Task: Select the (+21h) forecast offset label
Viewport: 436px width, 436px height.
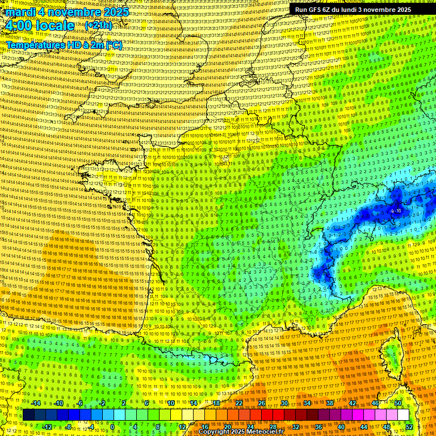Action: point(98,26)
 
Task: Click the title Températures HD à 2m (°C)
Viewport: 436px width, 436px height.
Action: point(64,45)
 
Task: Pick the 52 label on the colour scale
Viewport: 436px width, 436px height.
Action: point(409,427)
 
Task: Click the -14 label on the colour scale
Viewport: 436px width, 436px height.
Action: point(35,403)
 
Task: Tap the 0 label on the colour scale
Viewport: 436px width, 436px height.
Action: point(112,427)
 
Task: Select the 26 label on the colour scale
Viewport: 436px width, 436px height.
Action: point(262,403)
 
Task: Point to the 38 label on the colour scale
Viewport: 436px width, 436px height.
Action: point(330,403)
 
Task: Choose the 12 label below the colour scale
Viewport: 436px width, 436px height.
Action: point(182,427)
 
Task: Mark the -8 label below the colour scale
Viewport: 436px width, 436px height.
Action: point(68,427)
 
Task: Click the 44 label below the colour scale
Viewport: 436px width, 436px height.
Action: point(364,427)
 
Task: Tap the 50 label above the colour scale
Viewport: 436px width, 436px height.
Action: point(398,403)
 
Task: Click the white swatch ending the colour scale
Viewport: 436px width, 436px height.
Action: point(403,415)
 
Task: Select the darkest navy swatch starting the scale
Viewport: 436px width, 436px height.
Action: point(28,415)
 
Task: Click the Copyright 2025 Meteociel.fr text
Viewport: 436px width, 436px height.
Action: point(241,432)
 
